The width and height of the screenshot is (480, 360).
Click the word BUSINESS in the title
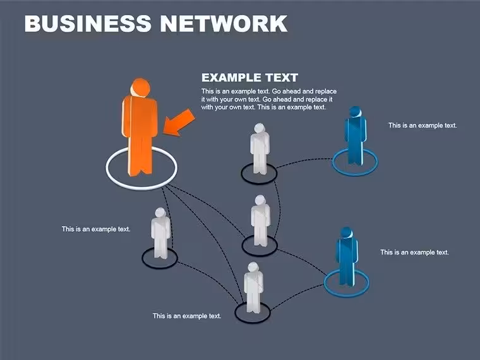(88, 23)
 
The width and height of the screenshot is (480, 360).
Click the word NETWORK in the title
(224, 23)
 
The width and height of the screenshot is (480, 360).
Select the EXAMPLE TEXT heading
(250, 78)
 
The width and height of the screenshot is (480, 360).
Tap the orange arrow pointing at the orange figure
(179, 123)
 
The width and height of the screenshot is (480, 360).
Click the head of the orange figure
(140, 88)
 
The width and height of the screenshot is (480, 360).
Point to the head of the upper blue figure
(355, 112)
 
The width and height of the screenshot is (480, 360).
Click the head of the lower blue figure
(347, 232)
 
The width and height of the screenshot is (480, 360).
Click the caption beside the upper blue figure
(423, 126)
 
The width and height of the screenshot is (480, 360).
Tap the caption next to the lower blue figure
(414, 252)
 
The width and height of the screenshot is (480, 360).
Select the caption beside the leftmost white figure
(96, 229)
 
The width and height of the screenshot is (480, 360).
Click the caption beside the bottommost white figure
(187, 316)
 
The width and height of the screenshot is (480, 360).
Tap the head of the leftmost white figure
(160, 213)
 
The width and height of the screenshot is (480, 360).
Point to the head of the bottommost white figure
(253, 267)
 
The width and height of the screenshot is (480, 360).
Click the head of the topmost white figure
(260, 129)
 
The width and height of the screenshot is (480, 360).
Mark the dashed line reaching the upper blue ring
(304, 160)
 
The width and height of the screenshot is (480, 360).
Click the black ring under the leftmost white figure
(160, 268)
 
